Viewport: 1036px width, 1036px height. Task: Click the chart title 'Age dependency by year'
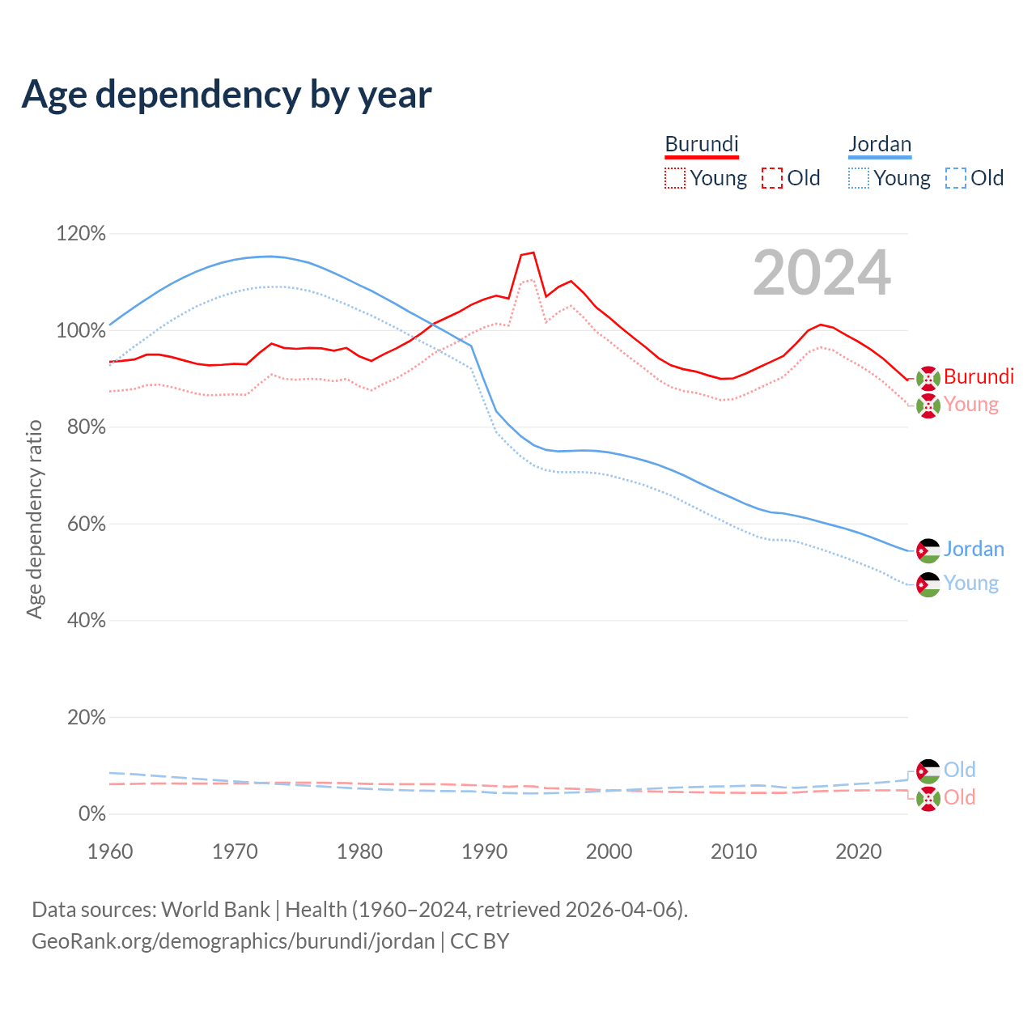227,95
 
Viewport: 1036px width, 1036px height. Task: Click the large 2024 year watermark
822,274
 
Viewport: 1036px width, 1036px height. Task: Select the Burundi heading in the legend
702,144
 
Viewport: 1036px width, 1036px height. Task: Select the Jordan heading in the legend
880,144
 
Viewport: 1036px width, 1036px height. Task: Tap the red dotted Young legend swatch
674,178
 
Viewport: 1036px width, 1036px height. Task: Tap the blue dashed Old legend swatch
955,178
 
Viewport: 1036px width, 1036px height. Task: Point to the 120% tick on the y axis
81,234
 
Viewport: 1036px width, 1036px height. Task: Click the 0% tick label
91,813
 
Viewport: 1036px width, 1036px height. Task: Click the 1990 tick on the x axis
484,851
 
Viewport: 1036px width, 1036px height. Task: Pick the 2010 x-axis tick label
733,851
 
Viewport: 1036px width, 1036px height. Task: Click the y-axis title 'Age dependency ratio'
34,519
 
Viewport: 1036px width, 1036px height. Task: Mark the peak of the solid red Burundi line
533,253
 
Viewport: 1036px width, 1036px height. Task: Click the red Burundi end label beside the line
979,376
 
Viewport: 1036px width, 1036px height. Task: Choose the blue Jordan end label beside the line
974,549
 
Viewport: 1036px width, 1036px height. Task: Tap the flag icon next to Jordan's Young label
928,584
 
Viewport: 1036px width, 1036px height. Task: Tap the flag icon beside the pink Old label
928,799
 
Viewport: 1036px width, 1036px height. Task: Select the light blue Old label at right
959,770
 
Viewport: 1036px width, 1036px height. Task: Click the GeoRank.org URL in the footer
233,941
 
